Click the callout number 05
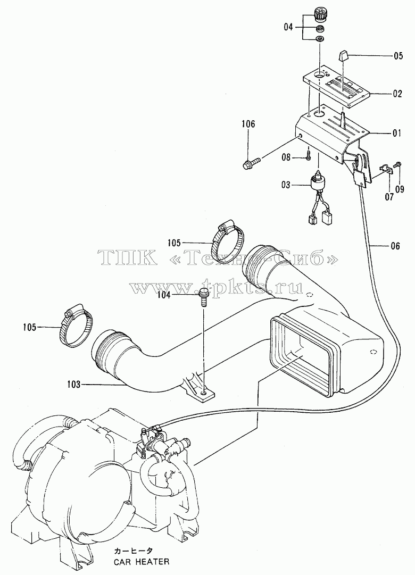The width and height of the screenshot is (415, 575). pyautogui.click(x=398, y=56)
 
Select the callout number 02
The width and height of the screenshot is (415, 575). pyautogui.click(x=397, y=94)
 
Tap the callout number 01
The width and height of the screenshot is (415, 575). pyautogui.click(x=397, y=133)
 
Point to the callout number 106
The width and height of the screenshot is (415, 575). pyautogui.click(x=248, y=123)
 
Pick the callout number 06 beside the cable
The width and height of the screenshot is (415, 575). pyautogui.click(x=395, y=246)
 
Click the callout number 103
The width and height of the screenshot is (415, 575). pyautogui.click(x=74, y=385)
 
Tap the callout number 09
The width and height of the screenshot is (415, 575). pyautogui.click(x=400, y=189)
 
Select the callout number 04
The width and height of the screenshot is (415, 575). pyautogui.click(x=289, y=27)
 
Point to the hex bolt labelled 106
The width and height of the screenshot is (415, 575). pyautogui.click(x=251, y=163)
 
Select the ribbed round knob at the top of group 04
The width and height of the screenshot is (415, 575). pyautogui.click(x=320, y=15)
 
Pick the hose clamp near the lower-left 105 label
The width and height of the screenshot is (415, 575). pyautogui.click(x=76, y=326)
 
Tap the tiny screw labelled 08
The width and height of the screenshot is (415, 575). pyautogui.click(x=309, y=155)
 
